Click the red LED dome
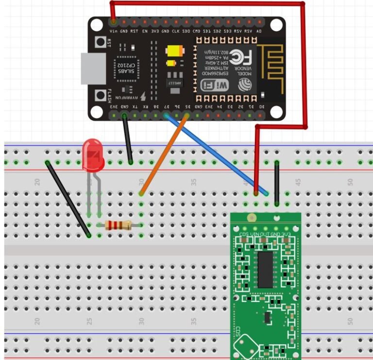(93, 154)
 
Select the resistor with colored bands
(119, 225)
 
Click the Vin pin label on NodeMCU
(113, 31)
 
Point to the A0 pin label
(259, 31)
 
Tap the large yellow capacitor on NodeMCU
(173, 51)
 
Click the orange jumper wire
(164, 155)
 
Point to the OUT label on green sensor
(265, 235)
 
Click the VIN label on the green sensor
(254, 235)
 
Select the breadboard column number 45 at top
(298, 182)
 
